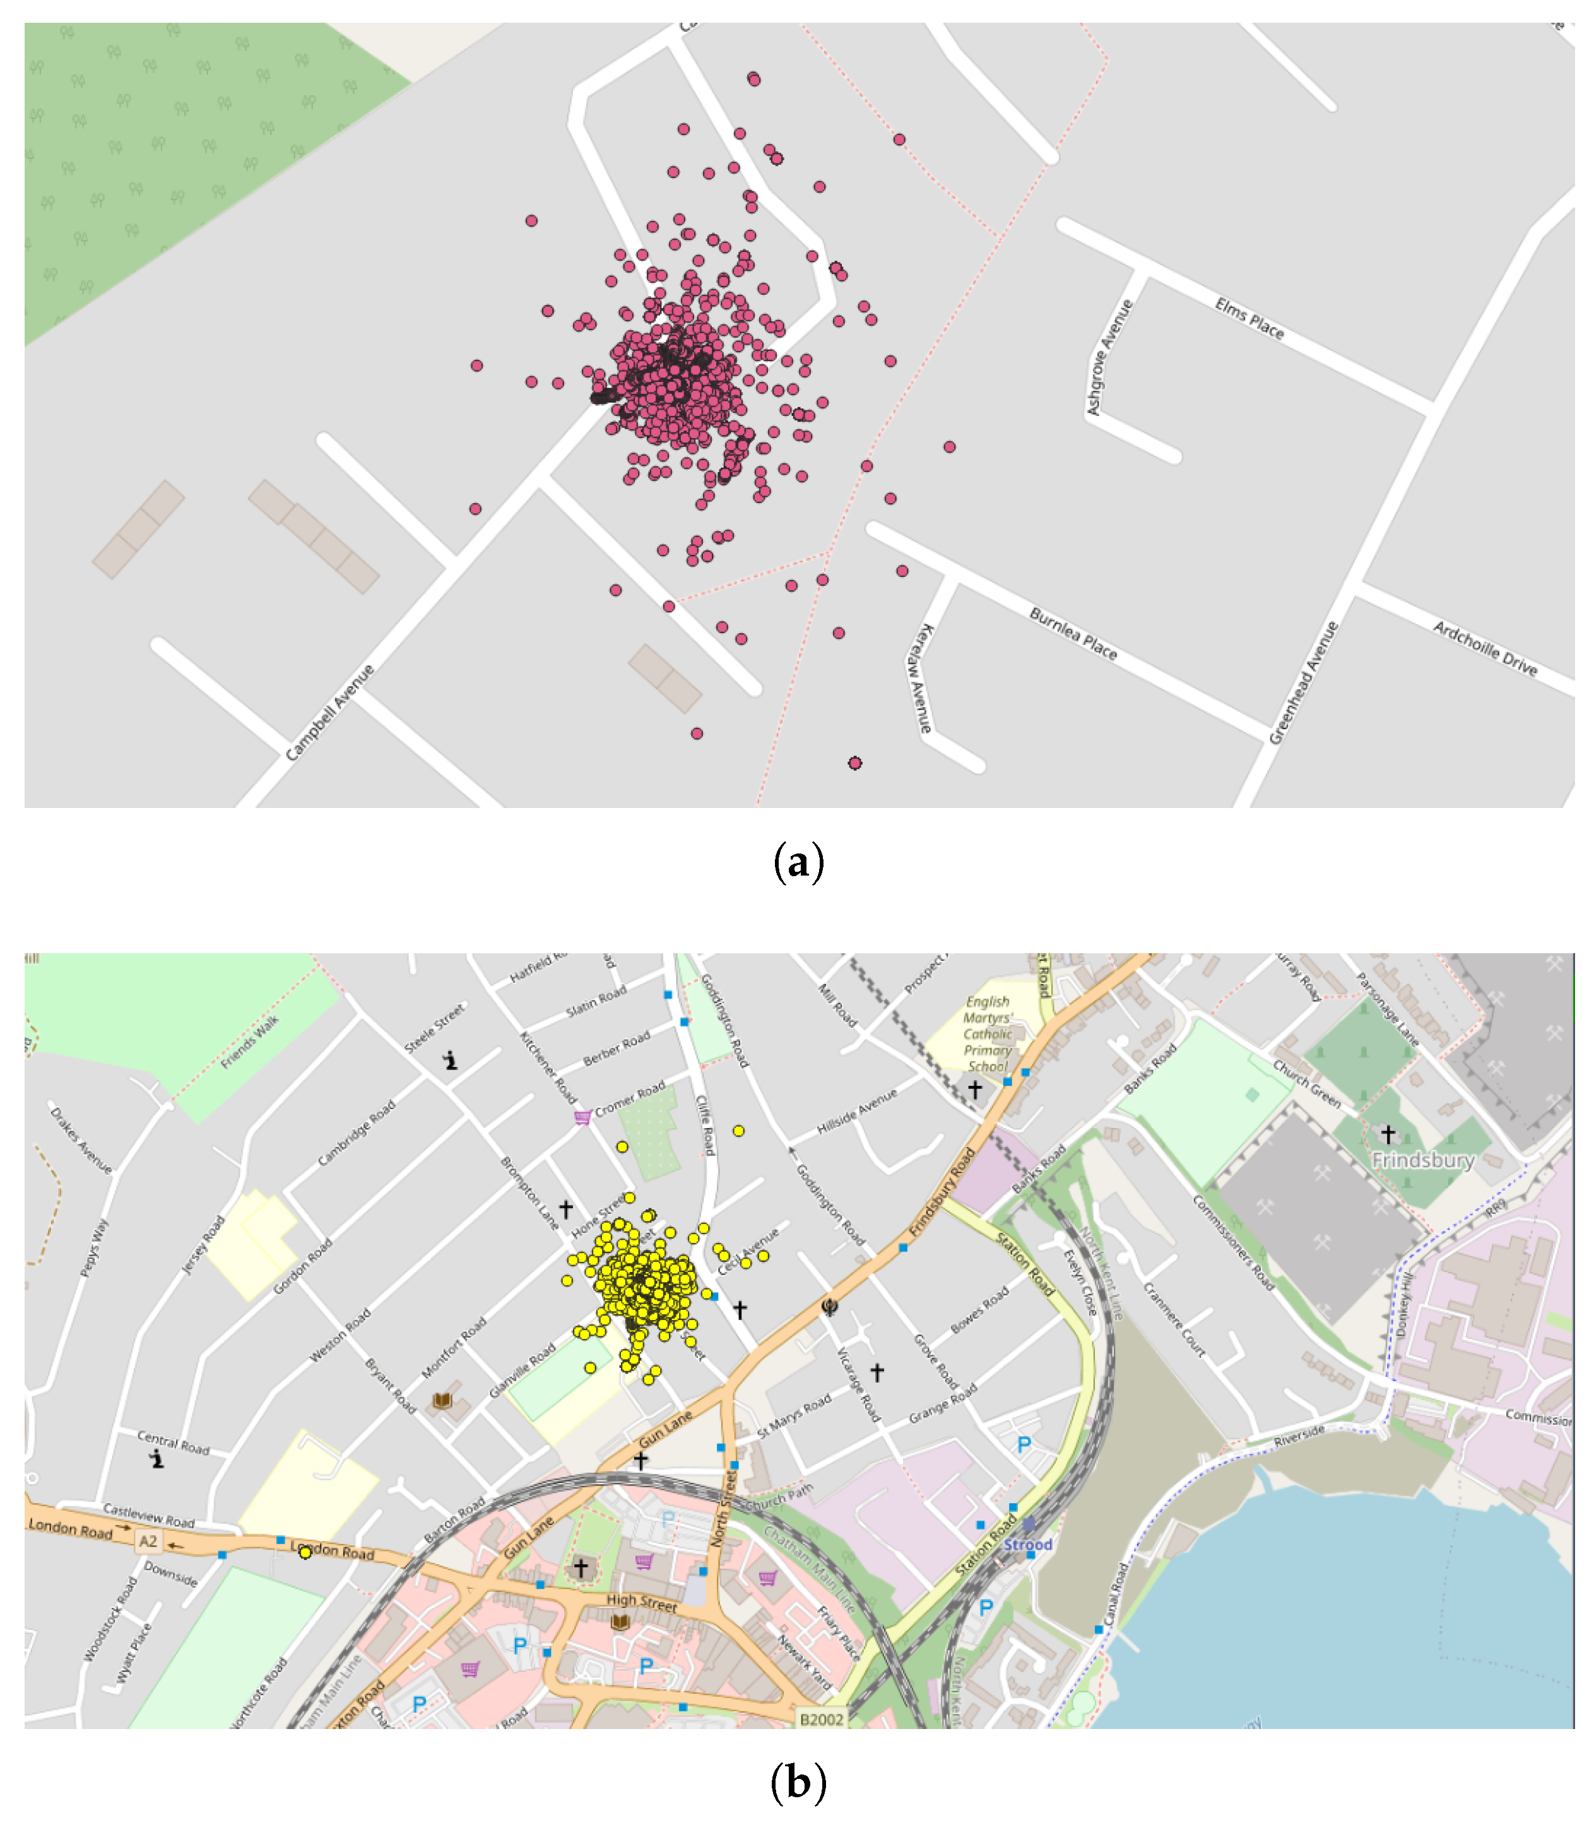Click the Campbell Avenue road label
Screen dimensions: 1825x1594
(329, 713)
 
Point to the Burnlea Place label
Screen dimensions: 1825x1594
(1073, 634)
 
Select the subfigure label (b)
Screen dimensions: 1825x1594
(798, 1782)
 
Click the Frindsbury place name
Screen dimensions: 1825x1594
(1423, 1160)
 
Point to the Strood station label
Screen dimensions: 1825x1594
(1027, 1545)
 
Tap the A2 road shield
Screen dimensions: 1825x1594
(148, 1541)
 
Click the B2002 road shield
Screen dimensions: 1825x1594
(821, 1719)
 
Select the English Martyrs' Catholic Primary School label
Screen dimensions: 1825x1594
(988, 1034)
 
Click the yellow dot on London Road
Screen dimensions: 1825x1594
(305, 1552)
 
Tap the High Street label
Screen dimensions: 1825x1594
(641, 1603)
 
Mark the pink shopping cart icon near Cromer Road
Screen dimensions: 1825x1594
(582, 1117)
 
